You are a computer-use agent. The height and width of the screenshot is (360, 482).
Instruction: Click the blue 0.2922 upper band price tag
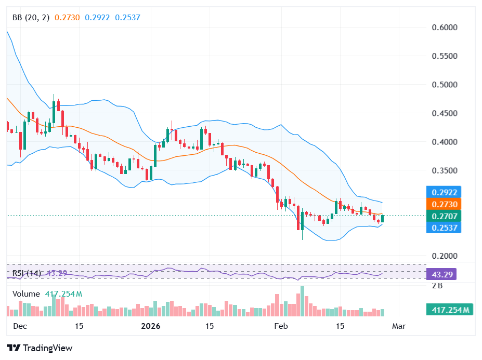coord(443,192)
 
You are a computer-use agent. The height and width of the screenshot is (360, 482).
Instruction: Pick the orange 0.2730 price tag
coord(443,204)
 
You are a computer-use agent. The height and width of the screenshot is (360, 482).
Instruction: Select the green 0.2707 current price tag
coord(443,216)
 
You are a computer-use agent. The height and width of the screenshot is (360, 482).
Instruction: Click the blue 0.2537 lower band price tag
coord(443,228)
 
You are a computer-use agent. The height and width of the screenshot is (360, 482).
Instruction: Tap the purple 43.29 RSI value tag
coord(441,274)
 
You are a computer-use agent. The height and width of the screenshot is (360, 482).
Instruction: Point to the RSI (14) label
coord(27,273)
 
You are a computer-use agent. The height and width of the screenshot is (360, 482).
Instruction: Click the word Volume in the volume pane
coord(26,294)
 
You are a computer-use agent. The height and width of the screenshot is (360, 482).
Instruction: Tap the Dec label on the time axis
coord(20,326)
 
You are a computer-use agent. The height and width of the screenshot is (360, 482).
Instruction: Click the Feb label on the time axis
coord(281,326)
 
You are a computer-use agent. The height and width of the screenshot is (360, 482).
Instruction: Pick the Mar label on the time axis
coord(398,326)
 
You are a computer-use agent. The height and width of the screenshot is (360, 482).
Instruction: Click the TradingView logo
coord(40,348)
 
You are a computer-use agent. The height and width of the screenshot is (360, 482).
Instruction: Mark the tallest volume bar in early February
coord(302,301)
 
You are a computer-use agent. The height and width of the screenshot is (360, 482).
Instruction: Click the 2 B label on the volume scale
coord(438,285)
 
